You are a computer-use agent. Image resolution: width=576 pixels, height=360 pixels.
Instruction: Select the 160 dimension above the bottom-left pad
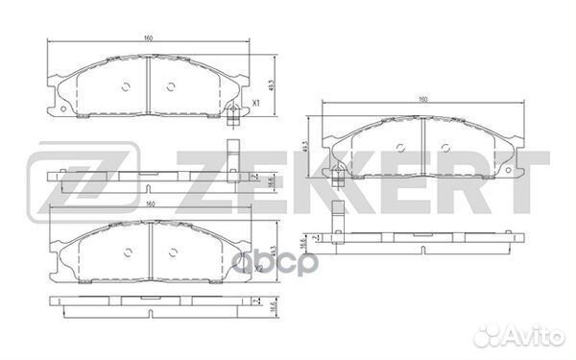coord(147,204)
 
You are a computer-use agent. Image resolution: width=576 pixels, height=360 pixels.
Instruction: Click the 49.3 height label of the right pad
coord(305,147)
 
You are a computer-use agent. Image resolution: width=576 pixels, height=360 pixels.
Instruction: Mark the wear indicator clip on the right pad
coord(339,177)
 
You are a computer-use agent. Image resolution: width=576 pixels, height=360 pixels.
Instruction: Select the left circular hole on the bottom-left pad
coord(127,253)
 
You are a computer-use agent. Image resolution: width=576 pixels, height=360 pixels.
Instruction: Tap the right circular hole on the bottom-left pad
coord(170,253)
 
